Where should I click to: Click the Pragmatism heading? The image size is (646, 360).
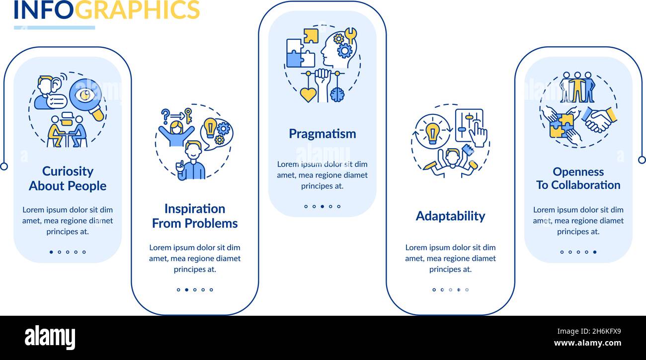point(323,134)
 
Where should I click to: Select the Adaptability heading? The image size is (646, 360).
point(450,216)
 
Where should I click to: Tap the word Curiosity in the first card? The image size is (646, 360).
point(68,172)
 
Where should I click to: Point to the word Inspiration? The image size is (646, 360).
point(195,209)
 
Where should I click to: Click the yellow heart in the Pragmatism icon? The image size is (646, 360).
point(308,94)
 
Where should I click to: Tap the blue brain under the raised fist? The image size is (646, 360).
point(337,94)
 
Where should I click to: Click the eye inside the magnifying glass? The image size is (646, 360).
point(85,94)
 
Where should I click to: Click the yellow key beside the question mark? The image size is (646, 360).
point(188,115)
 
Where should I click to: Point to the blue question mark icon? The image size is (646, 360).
point(165,116)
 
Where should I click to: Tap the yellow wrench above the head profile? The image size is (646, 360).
point(351,35)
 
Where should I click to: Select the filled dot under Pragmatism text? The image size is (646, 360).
point(323,206)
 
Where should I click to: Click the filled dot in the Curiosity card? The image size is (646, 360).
point(51,252)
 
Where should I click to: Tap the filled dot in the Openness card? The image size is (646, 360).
point(595,252)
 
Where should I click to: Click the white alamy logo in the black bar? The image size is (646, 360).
point(50,337)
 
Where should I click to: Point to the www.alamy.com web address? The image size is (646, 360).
point(587,343)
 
